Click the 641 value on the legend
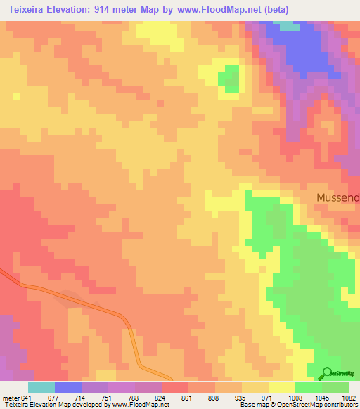click(27, 397)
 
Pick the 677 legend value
click(54, 397)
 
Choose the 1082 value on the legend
click(347, 397)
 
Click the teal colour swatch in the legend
click(41, 387)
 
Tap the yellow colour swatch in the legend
click(281, 387)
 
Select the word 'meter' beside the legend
click(10, 397)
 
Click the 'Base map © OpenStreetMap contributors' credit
click(297, 405)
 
